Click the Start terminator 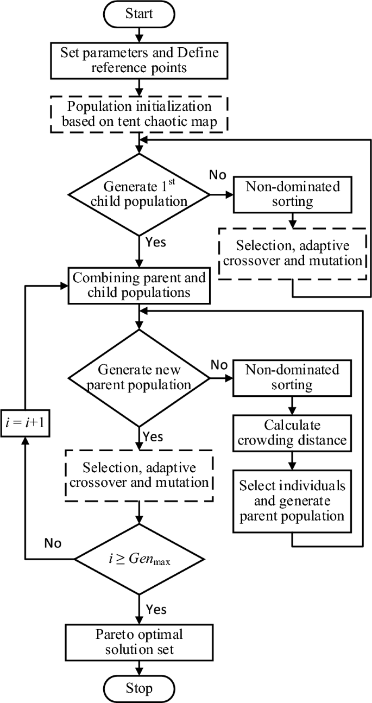tap(140, 13)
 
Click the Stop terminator tap(140, 688)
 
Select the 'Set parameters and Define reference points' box tap(140, 60)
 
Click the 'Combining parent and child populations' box tap(140, 285)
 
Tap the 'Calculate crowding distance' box tap(293, 432)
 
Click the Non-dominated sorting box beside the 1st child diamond tap(293, 194)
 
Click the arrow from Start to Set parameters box tap(140, 35)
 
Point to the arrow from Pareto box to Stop tap(140, 667)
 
